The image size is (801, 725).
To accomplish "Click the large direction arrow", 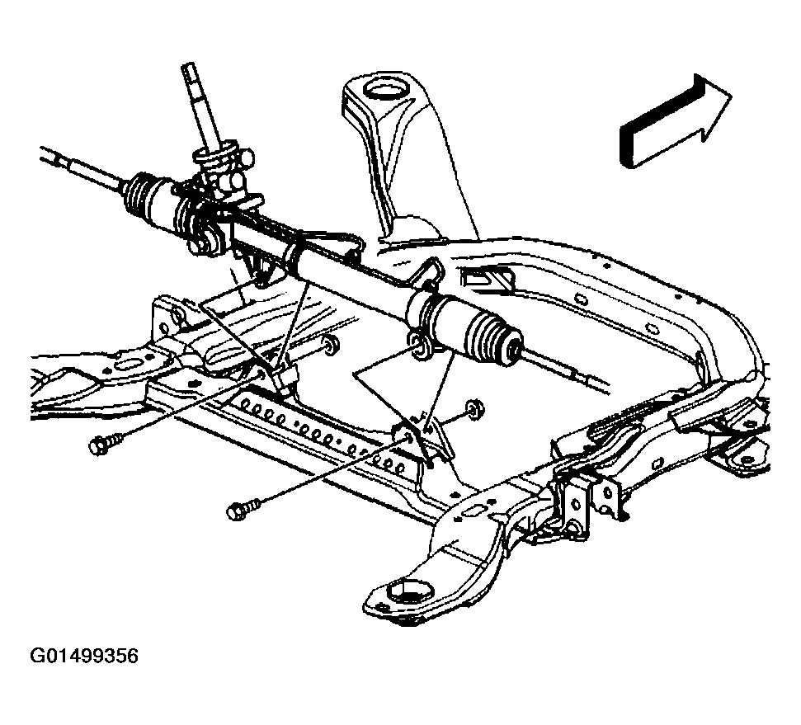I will [x=672, y=124].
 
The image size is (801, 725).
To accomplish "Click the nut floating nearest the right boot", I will [x=474, y=407].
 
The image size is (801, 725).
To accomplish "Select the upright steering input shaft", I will [x=202, y=107].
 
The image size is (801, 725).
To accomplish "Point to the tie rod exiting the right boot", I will [x=569, y=375].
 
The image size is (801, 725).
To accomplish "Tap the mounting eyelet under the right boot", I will [x=419, y=346].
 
